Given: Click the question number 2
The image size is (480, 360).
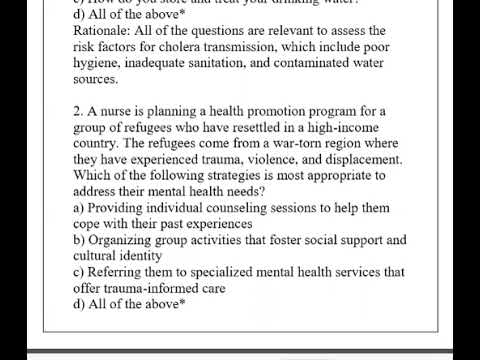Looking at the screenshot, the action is click(78, 111).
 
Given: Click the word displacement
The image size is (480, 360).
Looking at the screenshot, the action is click(360, 159).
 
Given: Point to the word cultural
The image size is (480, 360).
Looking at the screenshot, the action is click(99, 255).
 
